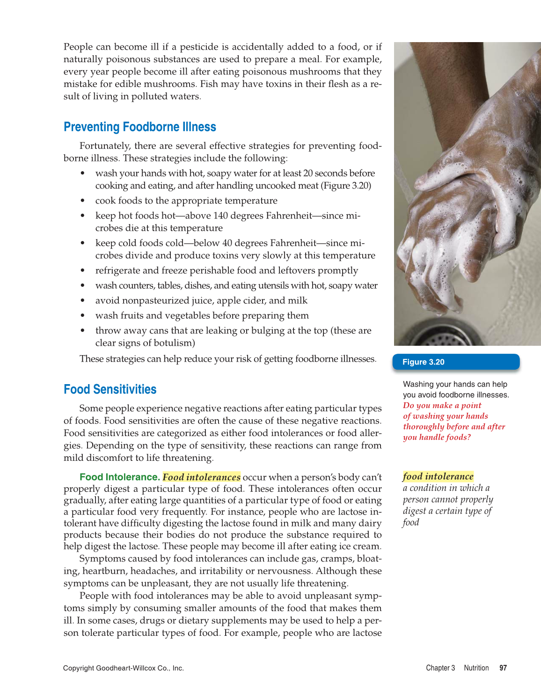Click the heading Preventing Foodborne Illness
click(139, 127)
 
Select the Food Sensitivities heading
click(110, 390)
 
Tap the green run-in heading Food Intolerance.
click(119, 477)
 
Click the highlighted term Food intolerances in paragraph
click(201, 477)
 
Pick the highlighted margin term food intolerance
click(438, 476)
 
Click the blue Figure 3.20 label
click(423, 362)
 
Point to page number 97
click(503, 668)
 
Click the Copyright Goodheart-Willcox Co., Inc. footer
click(123, 668)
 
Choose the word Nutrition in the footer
click(476, 668)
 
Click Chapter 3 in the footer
click(440, 668)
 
